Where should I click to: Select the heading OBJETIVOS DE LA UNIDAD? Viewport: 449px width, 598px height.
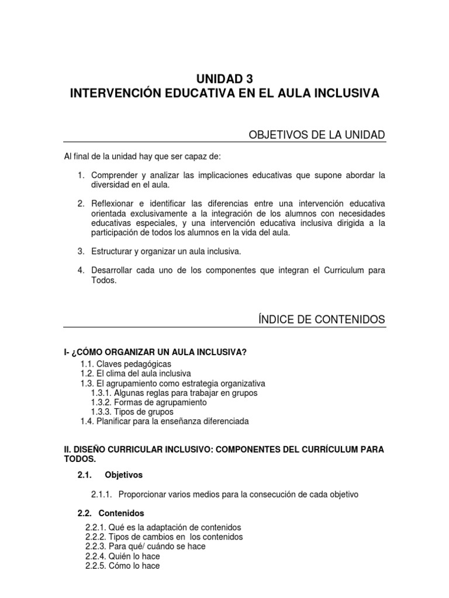(x=317, y=135)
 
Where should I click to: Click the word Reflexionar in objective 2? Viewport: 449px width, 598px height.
(x=115, y=204)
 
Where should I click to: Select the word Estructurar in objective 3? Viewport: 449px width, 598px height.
(x=111, y=251)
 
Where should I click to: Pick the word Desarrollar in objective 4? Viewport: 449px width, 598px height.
(x=113, y=270)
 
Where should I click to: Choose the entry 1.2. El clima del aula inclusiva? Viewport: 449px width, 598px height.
(x=136, y=373)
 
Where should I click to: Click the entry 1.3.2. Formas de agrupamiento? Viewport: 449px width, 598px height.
(x=148, y=402)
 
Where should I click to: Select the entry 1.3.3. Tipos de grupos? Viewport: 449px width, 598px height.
(x=132, y=412)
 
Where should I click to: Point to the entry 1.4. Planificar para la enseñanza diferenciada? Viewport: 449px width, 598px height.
(x=164, y=421)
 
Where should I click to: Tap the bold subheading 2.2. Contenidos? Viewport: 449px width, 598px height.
(x=110, y=514)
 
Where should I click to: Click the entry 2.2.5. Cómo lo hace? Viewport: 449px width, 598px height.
(x=122, y=566)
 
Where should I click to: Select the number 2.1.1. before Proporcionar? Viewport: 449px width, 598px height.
(x=102, y=495)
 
